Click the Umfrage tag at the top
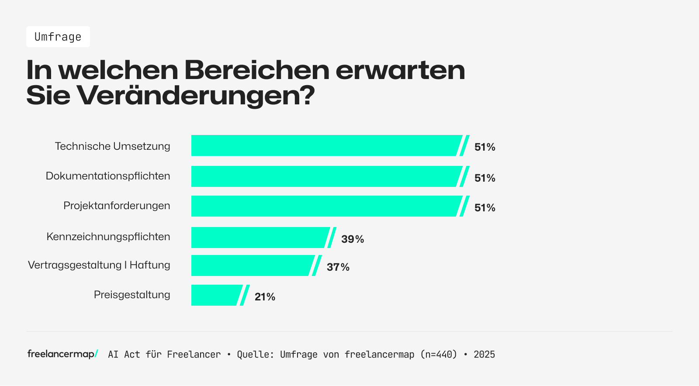tap(58, 37)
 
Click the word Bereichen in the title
tap(256, 70)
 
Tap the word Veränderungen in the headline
tap(196, 95)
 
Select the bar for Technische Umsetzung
tap(325, 145)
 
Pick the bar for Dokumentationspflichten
tap(325, 176)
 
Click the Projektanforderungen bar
tap(325, 206)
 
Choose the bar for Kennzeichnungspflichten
tap(260, 238)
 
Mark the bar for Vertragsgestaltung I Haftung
tap(252, 265)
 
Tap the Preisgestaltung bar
tap(216, 295)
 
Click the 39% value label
tap(353, 239)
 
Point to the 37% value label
tap(338, 267)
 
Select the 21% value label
tap(265, 297)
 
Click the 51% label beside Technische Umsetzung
tap(484, 147)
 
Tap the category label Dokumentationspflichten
tap(108, 176)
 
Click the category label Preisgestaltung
tap(132, 295)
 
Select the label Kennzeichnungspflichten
tap(108, 237)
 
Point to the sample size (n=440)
tap(438, 355)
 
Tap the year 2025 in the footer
tap(484, 355)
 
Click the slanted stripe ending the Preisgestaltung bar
tap(245, 295)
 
